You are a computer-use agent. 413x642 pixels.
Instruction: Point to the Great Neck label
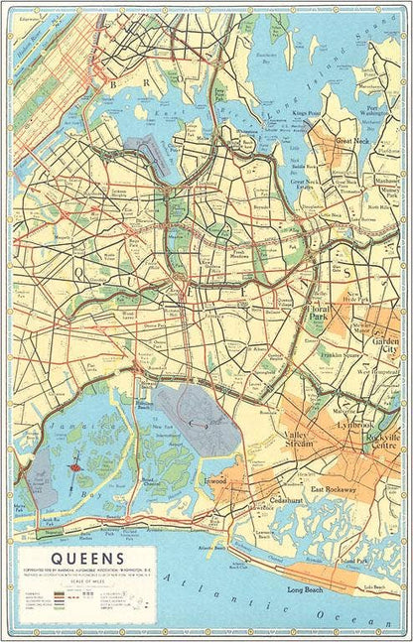tap(350, 140)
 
